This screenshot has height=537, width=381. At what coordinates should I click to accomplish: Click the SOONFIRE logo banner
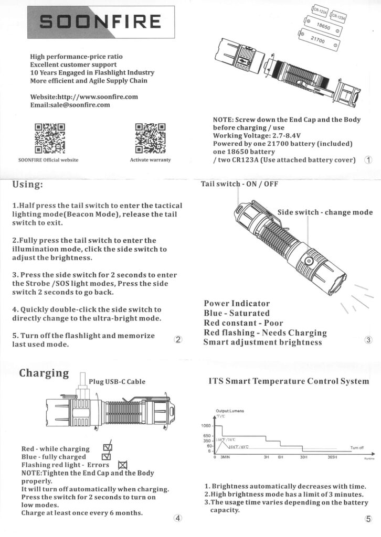(101, 22)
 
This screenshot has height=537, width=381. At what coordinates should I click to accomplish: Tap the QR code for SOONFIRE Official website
(50, 137)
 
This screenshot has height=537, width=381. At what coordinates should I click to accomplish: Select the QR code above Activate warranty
(150, 137)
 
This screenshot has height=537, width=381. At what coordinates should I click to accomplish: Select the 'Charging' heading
(44, 373)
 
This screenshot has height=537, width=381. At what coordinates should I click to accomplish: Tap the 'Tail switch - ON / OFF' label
(239, 184)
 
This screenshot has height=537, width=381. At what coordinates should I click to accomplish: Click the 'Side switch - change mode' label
(325, 212)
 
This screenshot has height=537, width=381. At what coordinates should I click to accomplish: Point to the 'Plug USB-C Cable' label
(117, 382)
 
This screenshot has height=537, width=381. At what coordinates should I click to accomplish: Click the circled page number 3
(368, 340)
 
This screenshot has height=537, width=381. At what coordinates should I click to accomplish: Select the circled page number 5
(367, 519)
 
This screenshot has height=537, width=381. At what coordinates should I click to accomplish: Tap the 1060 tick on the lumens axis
(206, 426)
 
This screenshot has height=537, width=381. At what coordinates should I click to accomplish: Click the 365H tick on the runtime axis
(332, 457)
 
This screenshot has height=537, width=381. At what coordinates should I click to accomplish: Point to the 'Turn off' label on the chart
(357, 447)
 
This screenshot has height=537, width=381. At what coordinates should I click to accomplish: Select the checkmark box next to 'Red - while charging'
(108, 448)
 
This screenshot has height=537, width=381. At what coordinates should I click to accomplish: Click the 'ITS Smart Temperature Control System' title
(289, 381)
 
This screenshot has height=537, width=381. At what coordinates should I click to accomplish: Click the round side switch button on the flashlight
(309, 260)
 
